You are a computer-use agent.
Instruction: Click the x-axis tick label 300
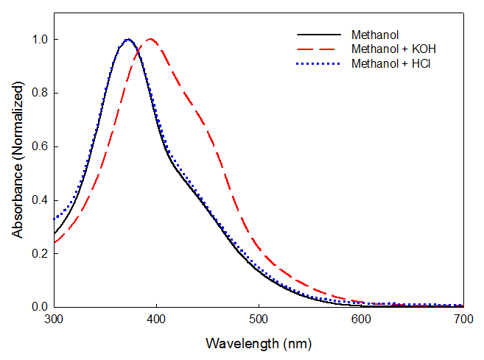(53, 320)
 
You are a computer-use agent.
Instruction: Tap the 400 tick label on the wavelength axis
(155, 320)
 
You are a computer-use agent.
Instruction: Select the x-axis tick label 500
(258, 320)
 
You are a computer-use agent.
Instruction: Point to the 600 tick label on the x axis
(360, 320)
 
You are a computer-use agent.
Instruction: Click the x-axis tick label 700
(463, 320)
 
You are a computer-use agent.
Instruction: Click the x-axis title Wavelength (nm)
(257, 344)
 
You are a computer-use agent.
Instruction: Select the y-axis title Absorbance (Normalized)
(17, 160)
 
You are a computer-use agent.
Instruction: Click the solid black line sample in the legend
(319, 35)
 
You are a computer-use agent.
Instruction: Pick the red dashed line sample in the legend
(319, 49)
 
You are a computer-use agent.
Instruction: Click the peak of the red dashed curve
(150, 39)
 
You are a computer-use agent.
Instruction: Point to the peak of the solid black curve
(128, 39)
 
